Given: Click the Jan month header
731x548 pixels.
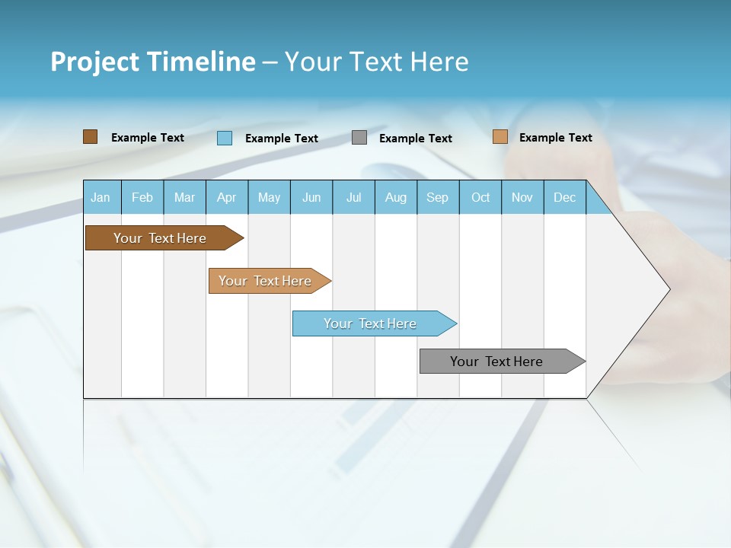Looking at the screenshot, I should [101, 197].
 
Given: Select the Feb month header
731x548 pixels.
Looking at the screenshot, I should [142, 197].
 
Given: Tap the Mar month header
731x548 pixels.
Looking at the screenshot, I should [184, 197].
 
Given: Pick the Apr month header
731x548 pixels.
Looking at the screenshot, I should [227, 197].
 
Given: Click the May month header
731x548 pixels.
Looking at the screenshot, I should [269, 197].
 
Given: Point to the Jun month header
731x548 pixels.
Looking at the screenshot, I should [311, 197].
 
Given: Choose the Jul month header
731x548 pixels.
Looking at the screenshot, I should [353, 197].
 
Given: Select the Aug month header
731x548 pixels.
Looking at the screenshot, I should [396, 197].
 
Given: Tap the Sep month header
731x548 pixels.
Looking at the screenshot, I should [438, 197].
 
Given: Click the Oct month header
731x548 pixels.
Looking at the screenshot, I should [480, 197].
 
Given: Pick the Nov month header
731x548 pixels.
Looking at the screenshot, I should [522, 197].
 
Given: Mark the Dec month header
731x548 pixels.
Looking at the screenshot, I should [565, 197].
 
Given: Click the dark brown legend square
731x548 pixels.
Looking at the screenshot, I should [90, 137].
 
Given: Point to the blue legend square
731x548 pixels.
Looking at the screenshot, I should [225, 138].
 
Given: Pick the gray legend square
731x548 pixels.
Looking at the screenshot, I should [359, 138].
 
